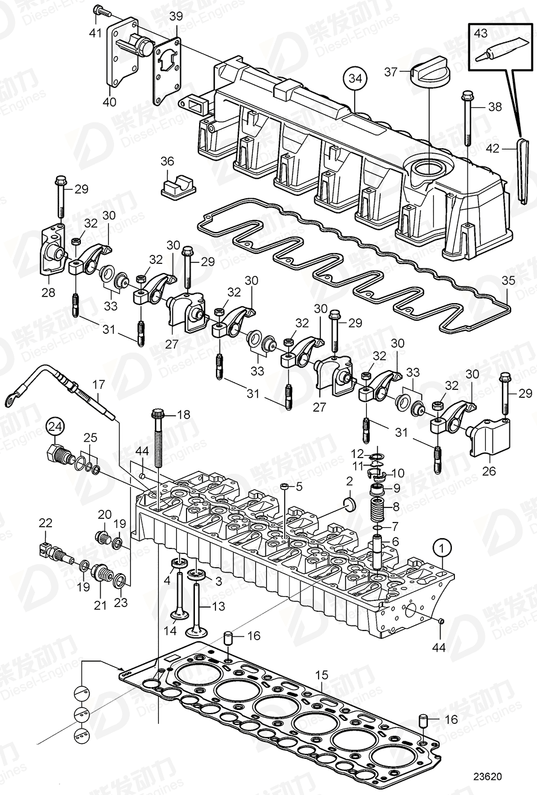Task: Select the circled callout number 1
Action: point(442,548)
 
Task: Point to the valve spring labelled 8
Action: point(376,507)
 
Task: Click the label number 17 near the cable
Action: point(98,383)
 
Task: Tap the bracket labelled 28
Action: point(53,249)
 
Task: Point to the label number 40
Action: point(109,102)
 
